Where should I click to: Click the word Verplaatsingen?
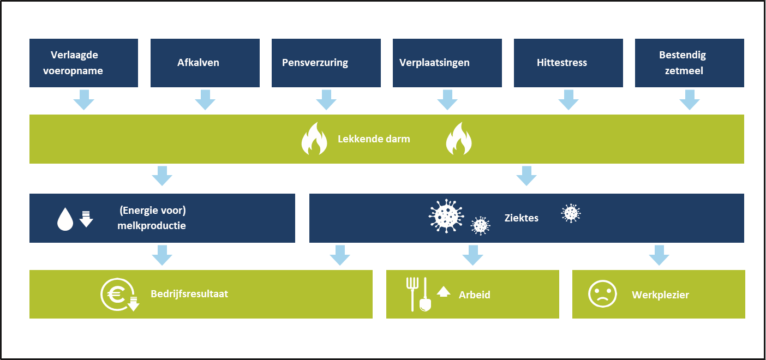coord(434,63)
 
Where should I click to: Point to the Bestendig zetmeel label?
coord(682,63)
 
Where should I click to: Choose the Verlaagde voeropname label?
coord(77,63)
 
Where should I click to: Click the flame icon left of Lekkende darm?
coord(314,139)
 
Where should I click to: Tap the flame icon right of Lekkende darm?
coord(458,139)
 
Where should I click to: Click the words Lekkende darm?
coord(374,139)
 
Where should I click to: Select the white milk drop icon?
coord(65,219)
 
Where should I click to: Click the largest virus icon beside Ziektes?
coord(446,215)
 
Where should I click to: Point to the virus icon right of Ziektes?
coord(571,213)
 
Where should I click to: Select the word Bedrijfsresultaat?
coord(189,294)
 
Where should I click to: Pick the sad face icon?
coord(602,295)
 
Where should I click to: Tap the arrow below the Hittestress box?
coord(568,100)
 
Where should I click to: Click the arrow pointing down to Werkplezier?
coord(659,255)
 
